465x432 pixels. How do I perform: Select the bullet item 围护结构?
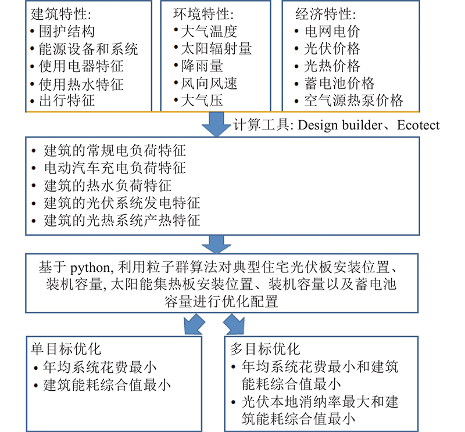point(67,31)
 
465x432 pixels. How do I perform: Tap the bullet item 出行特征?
point(67,100)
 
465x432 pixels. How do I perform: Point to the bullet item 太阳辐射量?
point(216,49)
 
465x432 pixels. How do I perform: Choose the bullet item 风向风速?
point(209,83)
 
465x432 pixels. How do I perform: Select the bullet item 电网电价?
point(332,31)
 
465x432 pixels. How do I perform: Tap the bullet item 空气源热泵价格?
point(354,100)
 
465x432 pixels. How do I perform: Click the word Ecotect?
point(418,125)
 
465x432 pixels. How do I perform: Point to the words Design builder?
point(340,125)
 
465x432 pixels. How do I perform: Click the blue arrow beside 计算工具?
point(216,124)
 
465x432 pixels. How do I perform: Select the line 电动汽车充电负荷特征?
point(115,168)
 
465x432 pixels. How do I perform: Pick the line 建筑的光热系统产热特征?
point(122,221)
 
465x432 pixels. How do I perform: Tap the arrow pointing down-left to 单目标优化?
point(194,325)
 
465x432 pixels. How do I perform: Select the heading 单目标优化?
point(66,349)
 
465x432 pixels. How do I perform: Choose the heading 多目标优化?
point(265,349)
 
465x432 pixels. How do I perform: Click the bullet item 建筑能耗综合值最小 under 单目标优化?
point(107,386)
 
